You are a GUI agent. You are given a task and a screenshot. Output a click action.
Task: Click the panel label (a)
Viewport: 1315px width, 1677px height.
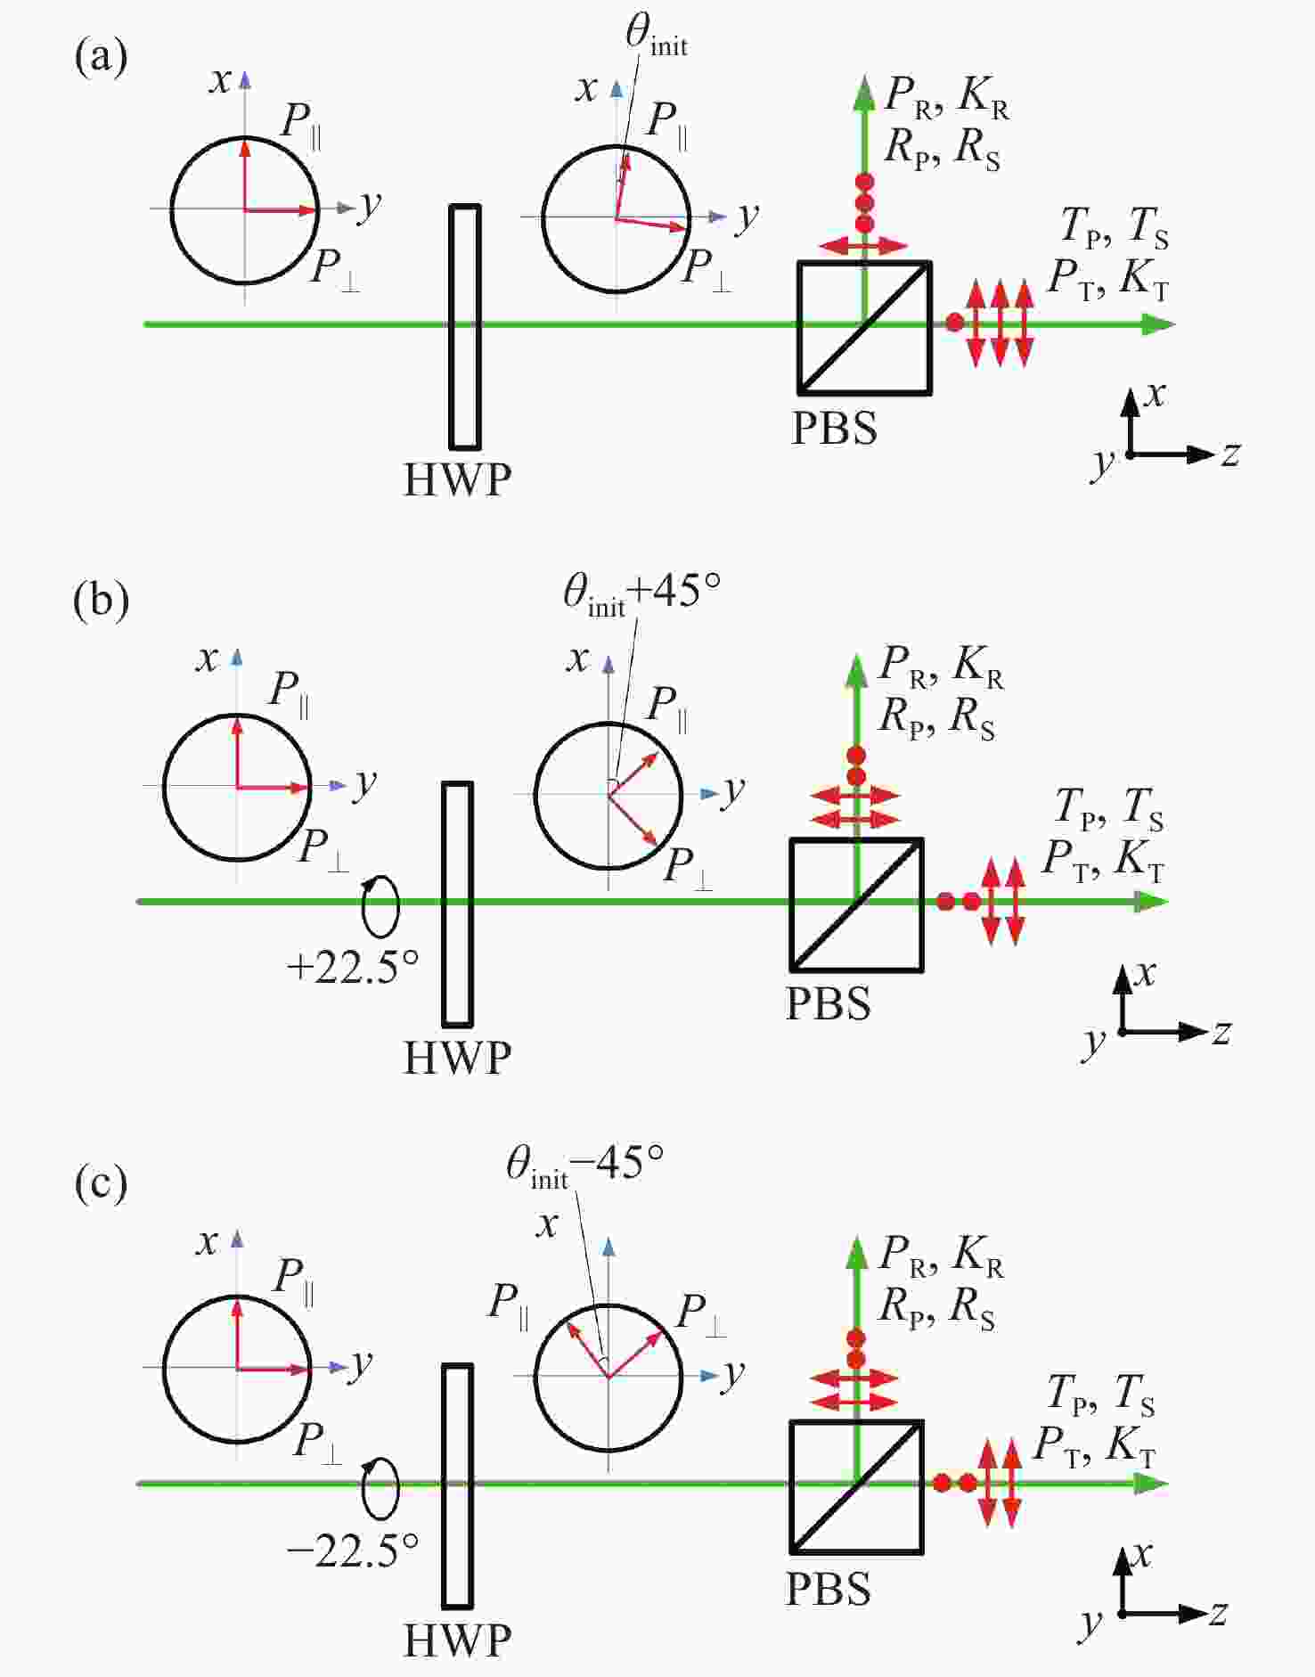click(x=102, y=58)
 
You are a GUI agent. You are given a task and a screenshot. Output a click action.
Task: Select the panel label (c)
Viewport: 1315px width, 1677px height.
click(x=102, y=1184)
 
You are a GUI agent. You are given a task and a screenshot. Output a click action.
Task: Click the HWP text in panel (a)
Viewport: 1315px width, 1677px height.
click(x=458, y=479)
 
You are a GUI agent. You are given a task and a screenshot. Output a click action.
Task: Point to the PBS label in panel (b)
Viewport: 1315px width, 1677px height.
click(x=829, y=1003)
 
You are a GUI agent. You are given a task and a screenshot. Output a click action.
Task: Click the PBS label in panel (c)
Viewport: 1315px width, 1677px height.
click(x=829, y=1589)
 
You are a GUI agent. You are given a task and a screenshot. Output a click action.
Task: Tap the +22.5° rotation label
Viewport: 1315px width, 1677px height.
click(x=353, y=966)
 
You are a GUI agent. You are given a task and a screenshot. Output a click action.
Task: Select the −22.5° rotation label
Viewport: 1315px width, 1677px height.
click(x=353, y=1551)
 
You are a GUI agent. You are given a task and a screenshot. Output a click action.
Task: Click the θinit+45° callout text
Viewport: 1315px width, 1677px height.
click(x=642, y=593)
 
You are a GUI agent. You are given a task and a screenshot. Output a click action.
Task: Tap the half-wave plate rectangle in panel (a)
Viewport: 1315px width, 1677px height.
click(x=465, y=327)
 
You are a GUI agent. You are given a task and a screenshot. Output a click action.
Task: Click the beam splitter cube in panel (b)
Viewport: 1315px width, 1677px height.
click(x=857, y=904)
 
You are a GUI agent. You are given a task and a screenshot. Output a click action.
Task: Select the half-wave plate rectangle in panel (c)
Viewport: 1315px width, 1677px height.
click(x=458, y=1486)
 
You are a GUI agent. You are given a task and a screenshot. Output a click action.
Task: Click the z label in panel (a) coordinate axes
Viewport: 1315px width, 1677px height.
click(x=1230, y=454)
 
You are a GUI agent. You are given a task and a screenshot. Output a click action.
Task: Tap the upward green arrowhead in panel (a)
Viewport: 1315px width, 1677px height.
click(x=863, y=94)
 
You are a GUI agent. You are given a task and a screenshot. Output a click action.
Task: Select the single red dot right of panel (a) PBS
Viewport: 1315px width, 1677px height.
click(x=954, y=323)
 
